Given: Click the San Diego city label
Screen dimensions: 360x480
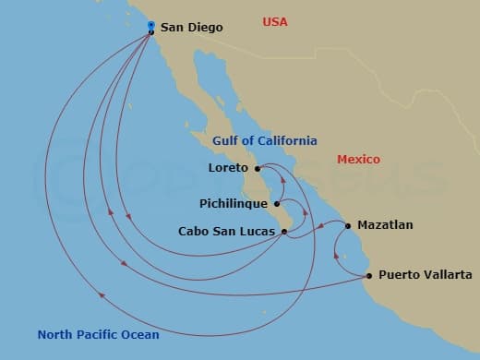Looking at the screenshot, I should (x=191, y=28).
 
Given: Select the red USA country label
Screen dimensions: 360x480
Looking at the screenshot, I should (x=275, y=21).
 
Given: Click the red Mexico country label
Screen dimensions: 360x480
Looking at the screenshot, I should (x=358, y=159).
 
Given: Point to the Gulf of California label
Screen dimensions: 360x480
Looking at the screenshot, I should (x=265, y=140).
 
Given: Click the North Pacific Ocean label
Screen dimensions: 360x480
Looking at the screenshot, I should (x=98, y=334).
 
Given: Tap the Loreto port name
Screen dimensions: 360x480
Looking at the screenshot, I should (x=230, y=168).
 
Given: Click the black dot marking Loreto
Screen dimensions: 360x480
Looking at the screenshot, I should (x=258, y=168).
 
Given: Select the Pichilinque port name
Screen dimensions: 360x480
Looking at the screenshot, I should (x=234, y=202).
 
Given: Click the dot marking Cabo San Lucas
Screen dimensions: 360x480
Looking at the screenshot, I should (x=285, y=231).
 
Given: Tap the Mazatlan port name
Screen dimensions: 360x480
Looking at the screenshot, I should (x=385, y=224).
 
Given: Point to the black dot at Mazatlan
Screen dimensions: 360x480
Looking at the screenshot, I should (x=348, y=224).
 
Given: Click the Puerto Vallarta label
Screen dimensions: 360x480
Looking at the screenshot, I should (x=425, y=275).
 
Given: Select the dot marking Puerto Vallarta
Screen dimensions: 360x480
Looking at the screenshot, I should (x=369, y=275).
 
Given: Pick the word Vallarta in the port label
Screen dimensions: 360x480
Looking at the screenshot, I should (x=447, y=275).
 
